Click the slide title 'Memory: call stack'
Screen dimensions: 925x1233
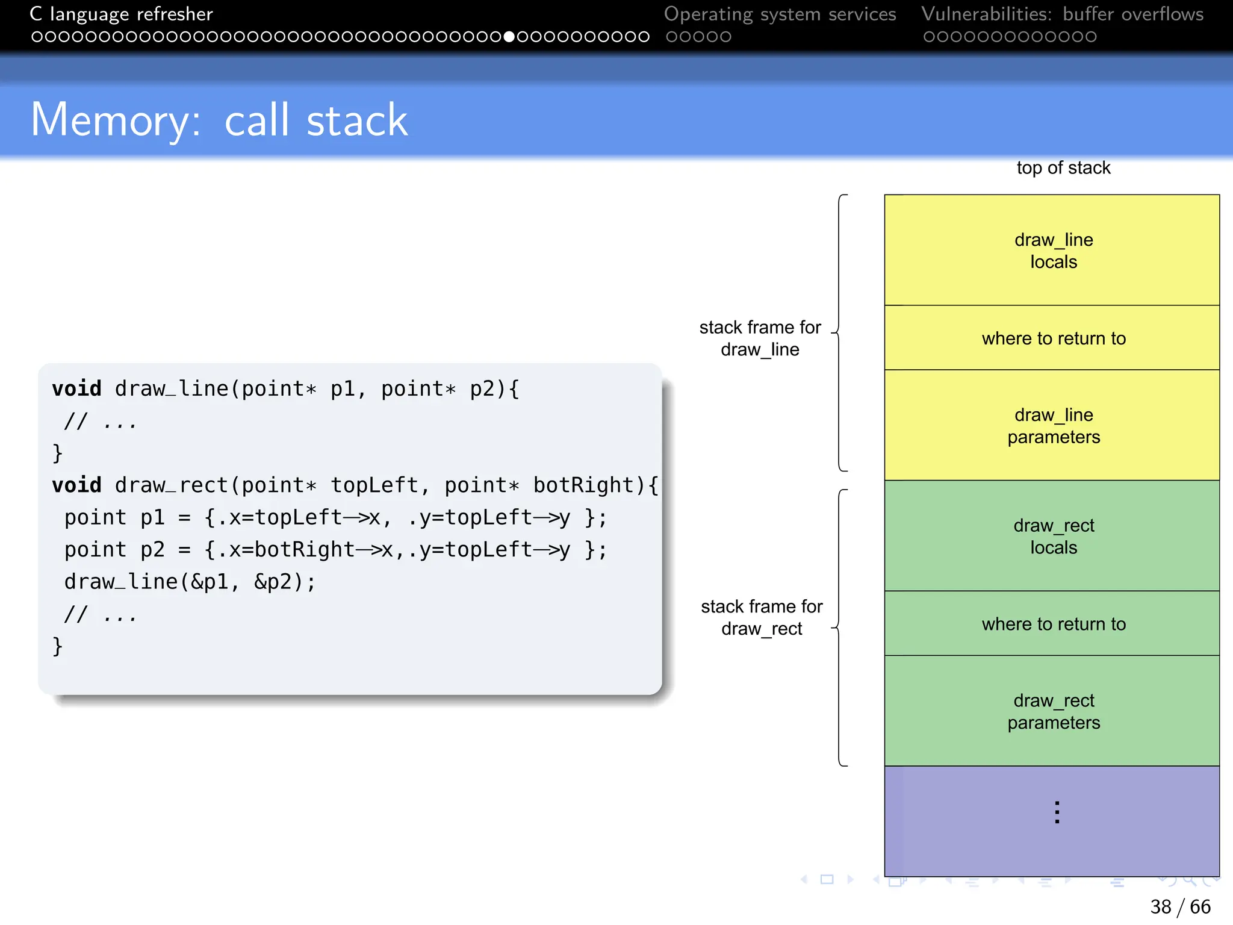point(219,120)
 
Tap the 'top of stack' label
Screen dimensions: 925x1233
point(1063,168)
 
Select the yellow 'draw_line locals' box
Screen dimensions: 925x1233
point(1052,250)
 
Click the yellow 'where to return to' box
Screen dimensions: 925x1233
point(1052,338)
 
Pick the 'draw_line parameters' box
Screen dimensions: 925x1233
point(1052,425)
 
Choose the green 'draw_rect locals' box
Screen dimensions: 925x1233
point(1052,536)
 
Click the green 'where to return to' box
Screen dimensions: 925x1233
point(1052,624)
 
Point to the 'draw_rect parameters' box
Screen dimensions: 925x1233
point(1052,711)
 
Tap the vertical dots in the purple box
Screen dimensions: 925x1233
point(1057,812)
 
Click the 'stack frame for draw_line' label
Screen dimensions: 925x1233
point(760,338)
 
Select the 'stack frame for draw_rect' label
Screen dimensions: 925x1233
point(762,617)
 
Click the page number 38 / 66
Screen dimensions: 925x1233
point(1179,906)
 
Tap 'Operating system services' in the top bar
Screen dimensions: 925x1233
point(780,14)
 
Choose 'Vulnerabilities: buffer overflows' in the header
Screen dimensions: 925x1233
point(1062,14)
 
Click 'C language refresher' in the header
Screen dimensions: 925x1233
point(122,14)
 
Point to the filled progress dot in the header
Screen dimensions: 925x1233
point(509,37)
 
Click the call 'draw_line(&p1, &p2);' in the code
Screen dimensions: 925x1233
point(190,582)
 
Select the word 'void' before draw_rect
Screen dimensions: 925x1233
point(76,485)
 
